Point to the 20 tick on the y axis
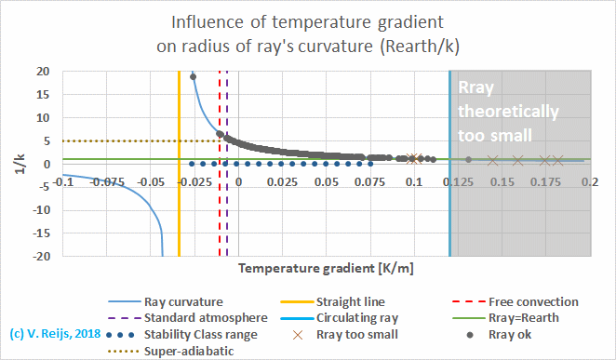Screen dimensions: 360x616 pyautogui.click(x=43, y=71)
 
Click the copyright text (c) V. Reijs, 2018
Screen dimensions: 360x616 pyautogui.click(x=55, y=332)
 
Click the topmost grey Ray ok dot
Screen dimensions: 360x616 pyautogui.click(x=193, y=76)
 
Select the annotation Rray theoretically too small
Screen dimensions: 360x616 pyautogui.click(x=508, y=111)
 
